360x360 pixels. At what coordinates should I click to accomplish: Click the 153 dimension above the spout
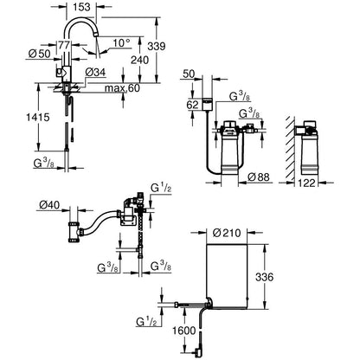81,7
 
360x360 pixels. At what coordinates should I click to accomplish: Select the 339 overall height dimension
156,46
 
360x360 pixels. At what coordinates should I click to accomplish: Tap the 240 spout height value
140,60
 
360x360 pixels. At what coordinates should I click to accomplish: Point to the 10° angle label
121,43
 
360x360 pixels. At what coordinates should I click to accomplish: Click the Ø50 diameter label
40,54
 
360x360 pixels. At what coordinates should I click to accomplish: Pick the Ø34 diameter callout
95,72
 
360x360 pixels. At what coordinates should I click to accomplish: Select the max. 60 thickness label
122,88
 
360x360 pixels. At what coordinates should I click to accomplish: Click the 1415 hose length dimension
38,117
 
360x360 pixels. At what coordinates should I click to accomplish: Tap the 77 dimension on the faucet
64,45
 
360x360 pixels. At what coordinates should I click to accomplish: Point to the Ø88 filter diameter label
259,177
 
